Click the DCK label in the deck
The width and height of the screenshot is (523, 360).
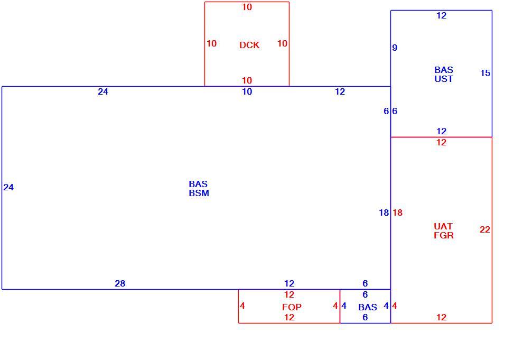click(x=249, y=45)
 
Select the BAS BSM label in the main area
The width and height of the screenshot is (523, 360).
click(x=199, y=189)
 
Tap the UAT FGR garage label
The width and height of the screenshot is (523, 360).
click(x=444, y=231)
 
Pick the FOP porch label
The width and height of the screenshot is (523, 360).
click(x=292, y=307)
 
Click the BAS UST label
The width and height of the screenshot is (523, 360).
click(x=444, y=75)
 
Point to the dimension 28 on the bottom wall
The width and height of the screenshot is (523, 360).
click(x=120, y=283)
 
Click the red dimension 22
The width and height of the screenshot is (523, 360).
click(x=485, y=229)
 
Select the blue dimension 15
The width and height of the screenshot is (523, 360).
click(x=485, y=73)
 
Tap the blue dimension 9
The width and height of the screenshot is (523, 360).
click(x=395, y=48)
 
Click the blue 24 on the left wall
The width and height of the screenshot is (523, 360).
click(x=8, y=188)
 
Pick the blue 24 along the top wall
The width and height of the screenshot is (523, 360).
click(x=103, y=92)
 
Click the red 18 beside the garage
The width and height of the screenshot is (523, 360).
click(x=398, y=213)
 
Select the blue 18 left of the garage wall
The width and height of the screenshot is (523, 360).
click(x=384, y=213)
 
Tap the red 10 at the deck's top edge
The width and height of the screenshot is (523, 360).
click(x=247, y=7)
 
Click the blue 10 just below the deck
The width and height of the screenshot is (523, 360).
click(x=247, y=92)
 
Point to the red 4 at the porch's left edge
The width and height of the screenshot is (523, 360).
click(x=242, y=306)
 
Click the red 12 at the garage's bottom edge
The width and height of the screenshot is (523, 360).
click(x=441, y=317)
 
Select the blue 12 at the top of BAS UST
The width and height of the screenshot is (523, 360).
click(x=441, y=16)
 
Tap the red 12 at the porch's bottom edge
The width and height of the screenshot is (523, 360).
click(x=289, y=317)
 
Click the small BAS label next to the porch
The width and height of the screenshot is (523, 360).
click(x=368, y=307)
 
